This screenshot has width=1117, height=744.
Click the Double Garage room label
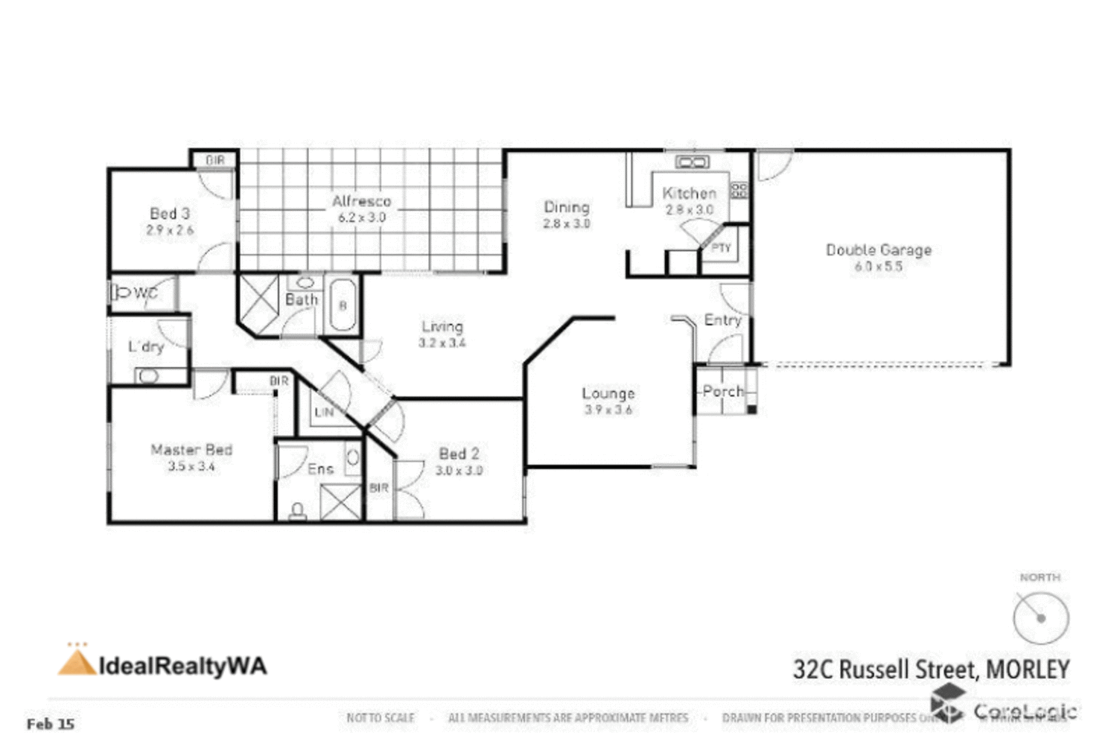tap(878, 250)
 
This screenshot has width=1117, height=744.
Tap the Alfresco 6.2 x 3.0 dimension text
tap(361, 218)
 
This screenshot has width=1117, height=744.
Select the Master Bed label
tap(191, 450)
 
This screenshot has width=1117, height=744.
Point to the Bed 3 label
tap(169, 214)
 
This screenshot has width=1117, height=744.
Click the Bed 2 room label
tap(459, 454)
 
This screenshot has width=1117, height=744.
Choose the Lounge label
tap(608, 393)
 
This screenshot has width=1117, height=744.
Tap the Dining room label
tap(566, 207)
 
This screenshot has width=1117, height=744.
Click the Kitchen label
tap(689, 194)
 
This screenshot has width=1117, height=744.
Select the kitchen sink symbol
tap(692, 162)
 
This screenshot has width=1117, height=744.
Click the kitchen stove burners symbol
tap(739, 190)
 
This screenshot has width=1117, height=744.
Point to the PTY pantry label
tap(721, 248)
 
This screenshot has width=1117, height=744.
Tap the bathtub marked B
tap(343, 305)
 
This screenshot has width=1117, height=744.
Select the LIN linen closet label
tap(324, 412)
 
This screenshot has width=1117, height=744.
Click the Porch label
tap(722, 391)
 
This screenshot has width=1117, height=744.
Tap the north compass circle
tap(1040, 617)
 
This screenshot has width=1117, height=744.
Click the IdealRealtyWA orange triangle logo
tap(76, 662)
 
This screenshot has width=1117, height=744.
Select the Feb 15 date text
tap(51, 723)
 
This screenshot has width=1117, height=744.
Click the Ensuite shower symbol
tap(340, 502)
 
